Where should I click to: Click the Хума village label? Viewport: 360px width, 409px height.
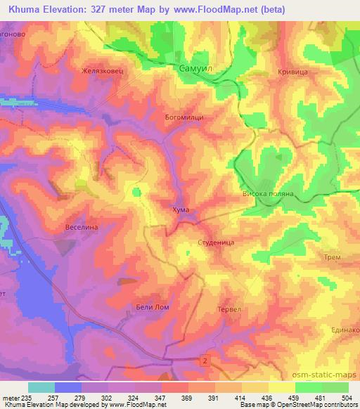click(x=180, y=209)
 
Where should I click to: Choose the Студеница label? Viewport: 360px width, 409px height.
click(x=211, y=242)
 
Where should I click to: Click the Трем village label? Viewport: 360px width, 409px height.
click(x=333, y=257)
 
